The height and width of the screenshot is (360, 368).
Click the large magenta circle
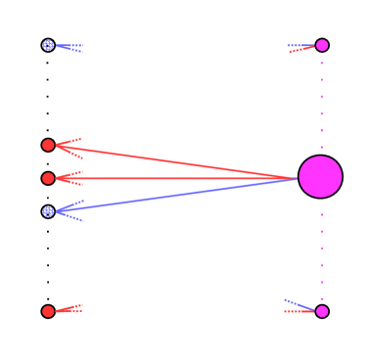click(320, 177)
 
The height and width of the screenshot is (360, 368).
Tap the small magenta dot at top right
click(322, 45)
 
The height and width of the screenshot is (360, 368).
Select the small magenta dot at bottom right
click(322, 311)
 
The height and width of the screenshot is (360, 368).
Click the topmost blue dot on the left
click(48, 45)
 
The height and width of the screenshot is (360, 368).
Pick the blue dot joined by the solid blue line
click(48, 211)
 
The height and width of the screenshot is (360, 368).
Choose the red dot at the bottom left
click(48, 311)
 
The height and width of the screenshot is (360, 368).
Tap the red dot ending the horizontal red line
click(48, 178)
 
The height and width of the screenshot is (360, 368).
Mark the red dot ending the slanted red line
click(48, 145)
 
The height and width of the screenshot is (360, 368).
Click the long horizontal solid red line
click(176, 178)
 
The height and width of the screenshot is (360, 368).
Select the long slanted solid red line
click(176, 162)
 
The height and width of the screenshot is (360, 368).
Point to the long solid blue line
click(176, 195)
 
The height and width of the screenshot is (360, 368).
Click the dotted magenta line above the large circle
click(322, 98)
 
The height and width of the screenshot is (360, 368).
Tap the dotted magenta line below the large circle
click(322, 254)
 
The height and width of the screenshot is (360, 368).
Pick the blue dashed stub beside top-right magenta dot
click(299, 45)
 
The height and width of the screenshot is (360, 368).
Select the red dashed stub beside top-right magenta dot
click(301, 50)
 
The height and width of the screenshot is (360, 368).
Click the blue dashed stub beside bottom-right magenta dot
click(298, 304)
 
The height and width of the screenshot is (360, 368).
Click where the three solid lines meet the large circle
click(298, 178)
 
